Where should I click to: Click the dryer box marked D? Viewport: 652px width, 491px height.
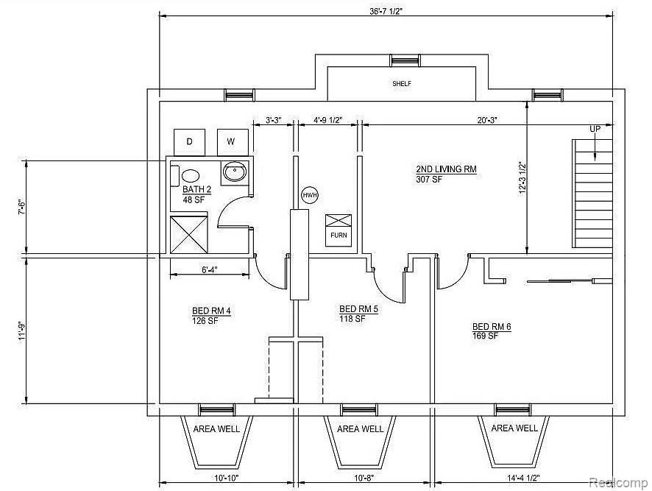189,142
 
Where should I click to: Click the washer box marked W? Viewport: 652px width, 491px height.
233,142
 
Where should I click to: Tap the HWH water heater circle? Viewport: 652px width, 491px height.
310,195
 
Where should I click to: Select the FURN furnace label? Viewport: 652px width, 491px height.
339,235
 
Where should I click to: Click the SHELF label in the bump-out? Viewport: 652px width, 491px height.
402,84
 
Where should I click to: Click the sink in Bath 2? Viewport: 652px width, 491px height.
235,172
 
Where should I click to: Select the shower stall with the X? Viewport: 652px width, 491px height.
189,235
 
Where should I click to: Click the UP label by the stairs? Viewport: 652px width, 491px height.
595,129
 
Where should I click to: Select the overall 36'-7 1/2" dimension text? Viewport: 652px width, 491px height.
386,11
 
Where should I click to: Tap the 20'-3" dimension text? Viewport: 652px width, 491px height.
487,120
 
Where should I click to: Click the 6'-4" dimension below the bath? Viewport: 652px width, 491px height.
210,269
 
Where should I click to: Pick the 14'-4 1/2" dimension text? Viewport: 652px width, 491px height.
523,478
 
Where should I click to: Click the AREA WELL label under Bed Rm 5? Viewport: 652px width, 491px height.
360,429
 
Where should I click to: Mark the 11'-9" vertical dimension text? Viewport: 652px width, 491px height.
22,330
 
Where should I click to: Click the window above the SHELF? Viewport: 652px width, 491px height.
405,61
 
